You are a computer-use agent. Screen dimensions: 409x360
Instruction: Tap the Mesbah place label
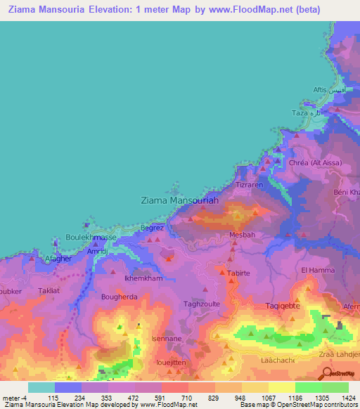(242, 235)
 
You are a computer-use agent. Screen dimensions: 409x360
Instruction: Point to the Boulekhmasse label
(91, 238)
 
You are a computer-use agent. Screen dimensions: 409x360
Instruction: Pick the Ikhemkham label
(143, 278)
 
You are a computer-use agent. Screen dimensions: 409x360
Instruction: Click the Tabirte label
(239, 273)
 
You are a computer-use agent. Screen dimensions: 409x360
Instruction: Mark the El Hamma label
(315, 269)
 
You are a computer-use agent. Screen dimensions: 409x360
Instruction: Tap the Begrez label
(152, 228)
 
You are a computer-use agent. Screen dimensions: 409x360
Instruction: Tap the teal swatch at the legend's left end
(41, 387)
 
